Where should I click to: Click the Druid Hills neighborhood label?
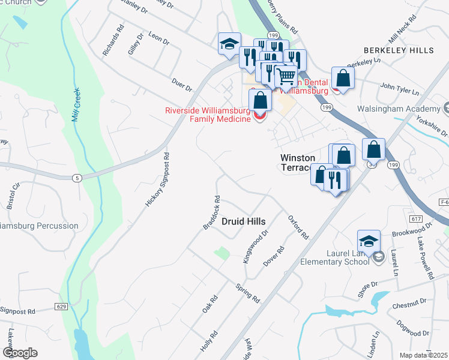(243, 221)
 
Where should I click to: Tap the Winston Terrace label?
(298, 163)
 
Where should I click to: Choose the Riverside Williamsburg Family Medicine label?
(208, 115)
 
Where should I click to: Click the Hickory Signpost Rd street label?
(158, 180)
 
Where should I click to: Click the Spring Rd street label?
(248, 292)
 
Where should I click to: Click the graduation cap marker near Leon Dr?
(229, 44)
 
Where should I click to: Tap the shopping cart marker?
(285, 77)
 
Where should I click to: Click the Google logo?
(20, 353)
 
